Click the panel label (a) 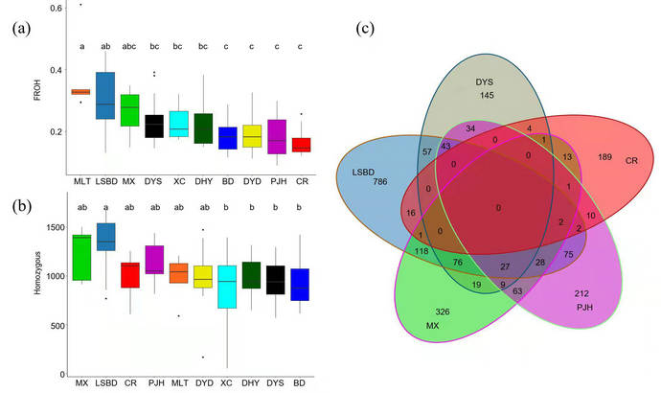click(21, 28)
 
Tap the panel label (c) click(365, 28)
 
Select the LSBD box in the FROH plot click(105, 96)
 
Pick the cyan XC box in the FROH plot click(178, 124)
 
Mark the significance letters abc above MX click(129, 44)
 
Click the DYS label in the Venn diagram click(483, 82)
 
